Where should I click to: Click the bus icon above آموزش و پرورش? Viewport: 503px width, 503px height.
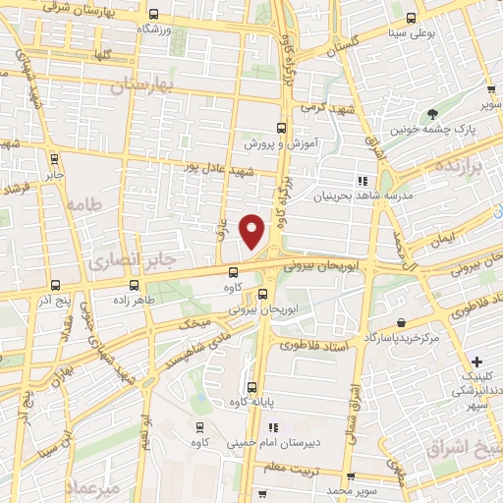(282, 128)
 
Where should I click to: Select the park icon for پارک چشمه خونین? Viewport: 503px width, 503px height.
(433, 115)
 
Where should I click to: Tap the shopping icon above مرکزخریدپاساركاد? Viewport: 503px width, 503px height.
(402, 322)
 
